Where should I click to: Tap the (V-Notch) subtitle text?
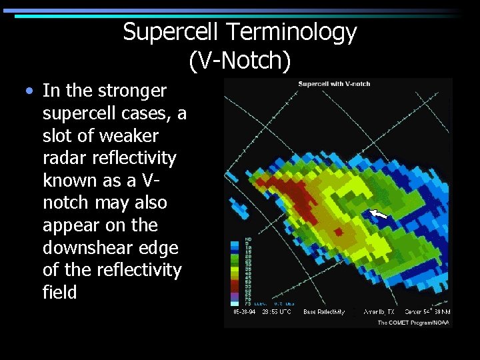240,61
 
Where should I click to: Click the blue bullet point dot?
29,91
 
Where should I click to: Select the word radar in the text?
64,158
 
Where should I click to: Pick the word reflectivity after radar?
136,158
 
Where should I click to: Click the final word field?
59,292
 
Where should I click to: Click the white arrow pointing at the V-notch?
378,214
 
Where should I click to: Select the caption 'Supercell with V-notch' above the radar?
335,84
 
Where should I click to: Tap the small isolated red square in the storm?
338,231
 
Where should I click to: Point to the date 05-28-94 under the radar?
244,311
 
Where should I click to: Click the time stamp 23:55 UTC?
277,311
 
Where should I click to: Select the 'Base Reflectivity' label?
324,311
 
